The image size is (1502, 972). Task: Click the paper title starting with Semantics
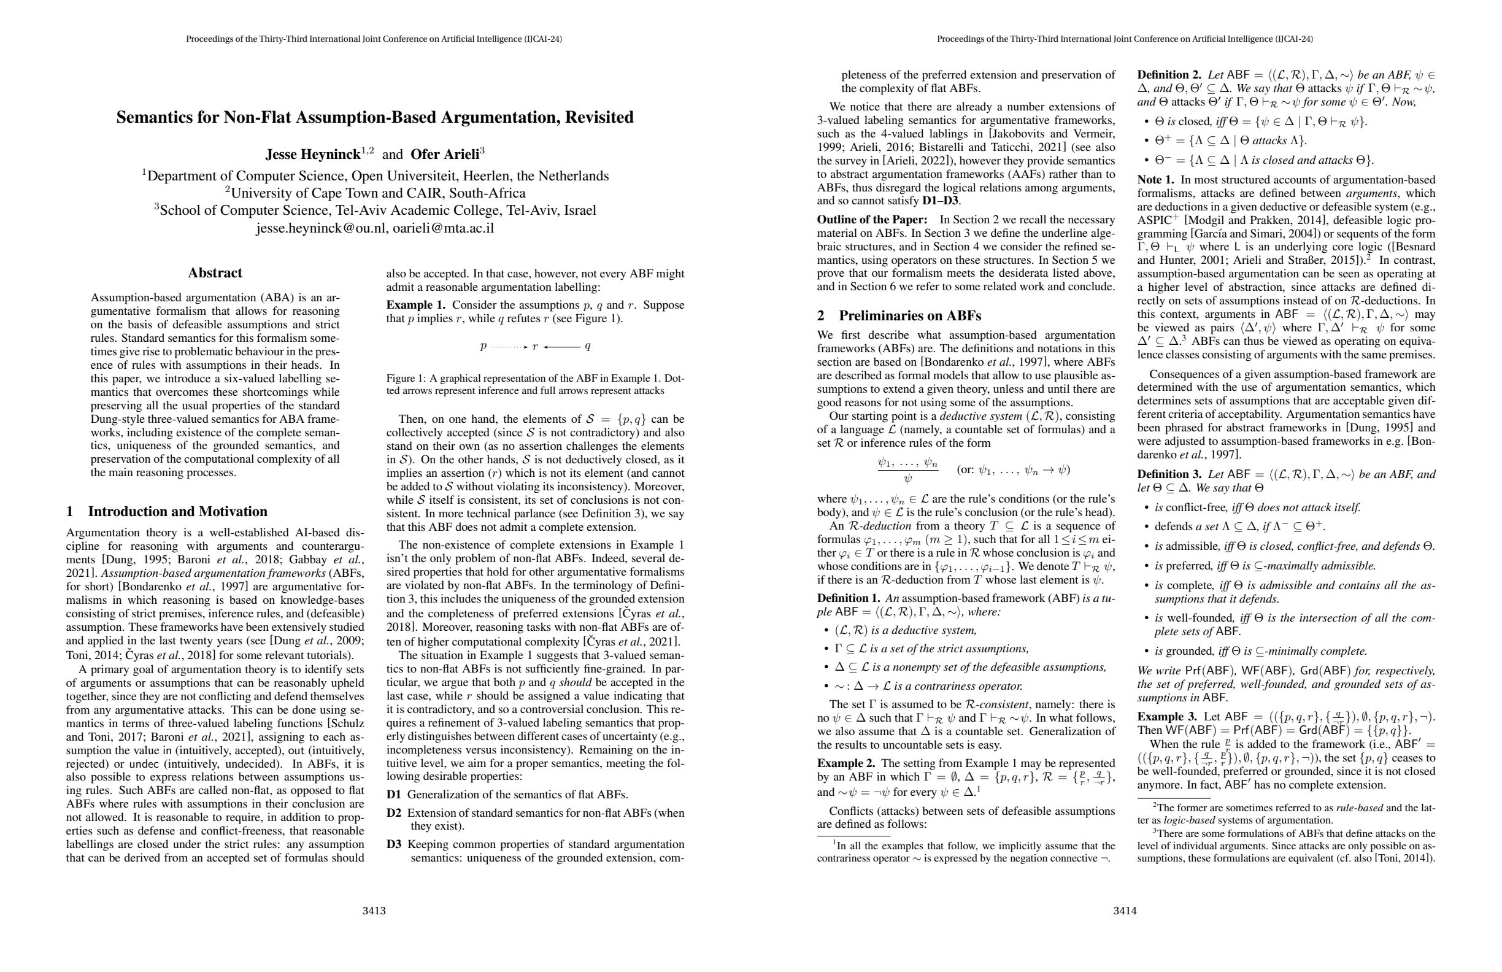tap(375, 117)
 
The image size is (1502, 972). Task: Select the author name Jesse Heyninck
tap(312, 154)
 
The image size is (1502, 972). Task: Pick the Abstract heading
tap(215, 272)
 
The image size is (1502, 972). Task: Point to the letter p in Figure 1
tap(483, 346)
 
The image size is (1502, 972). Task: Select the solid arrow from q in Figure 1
tap(561, 347)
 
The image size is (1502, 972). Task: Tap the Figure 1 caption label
tap(404, 379)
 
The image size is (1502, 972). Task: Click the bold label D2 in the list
tap(394, 813)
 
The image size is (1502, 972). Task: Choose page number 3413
tap(374, 911)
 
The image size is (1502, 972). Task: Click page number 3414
tap(1125, 911)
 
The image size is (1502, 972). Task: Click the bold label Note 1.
tap(1155, 180)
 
